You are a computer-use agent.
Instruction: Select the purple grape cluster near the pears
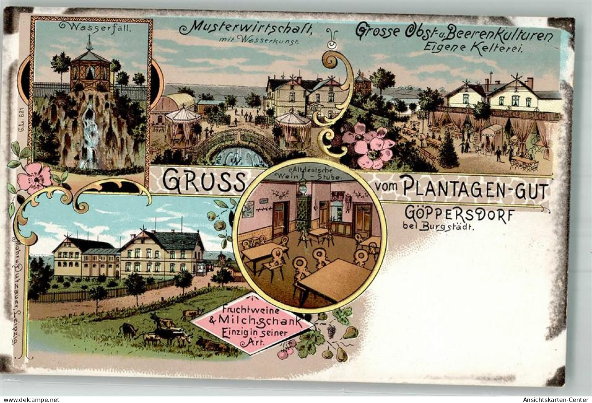tap(331, 331)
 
